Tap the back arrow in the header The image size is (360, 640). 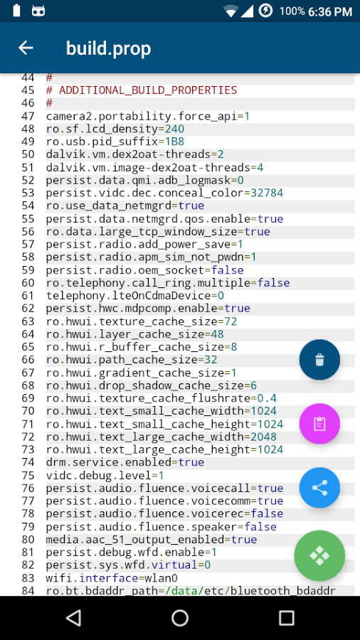tap(26, 48)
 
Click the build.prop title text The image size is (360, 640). tap(109, 48)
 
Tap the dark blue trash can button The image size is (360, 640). tap(319, 360)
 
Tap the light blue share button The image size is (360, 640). tap(319, 487)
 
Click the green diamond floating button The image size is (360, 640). tap(319, 555)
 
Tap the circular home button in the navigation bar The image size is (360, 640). tap(180, 618)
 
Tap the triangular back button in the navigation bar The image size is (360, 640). tap(73, 618)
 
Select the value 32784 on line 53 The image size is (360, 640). tap(267, 193)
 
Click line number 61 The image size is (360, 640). tap(28, 296)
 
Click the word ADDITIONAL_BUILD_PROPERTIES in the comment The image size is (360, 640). tap(148, 90)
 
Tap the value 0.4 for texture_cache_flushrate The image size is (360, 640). tap(267, 398)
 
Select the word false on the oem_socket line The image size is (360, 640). tap(228, 270)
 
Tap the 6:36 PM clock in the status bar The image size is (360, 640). tap(330, 11)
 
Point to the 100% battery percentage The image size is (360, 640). tap(292, 11)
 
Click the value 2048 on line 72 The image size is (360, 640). tap(264, 437)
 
